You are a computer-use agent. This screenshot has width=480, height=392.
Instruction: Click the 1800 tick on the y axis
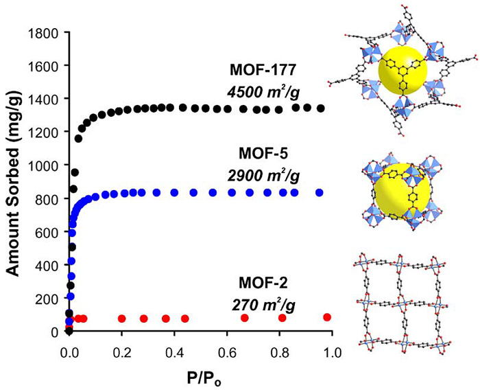pyautogui.click(x=43, y=32)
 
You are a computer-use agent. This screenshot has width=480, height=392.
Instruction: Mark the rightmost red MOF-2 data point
pyautogui.click(x=327, y=317)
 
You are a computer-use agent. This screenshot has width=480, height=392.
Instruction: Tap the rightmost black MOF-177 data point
pyautogui.click(x=320, y=108)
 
